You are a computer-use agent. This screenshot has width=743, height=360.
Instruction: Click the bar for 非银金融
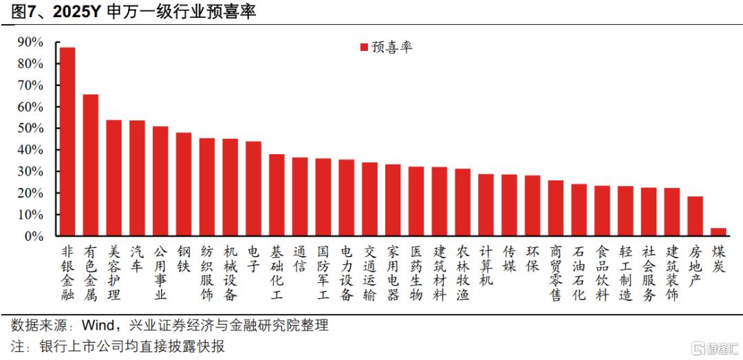[x=67, y=141]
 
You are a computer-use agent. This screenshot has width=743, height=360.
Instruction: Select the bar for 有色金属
[x=91, y=165]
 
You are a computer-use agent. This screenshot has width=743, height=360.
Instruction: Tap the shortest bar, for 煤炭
[x=718, y=232]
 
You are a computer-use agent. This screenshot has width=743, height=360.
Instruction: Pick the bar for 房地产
[x=695, y=216]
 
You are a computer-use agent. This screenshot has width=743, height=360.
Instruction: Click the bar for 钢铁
[x=184, y=184]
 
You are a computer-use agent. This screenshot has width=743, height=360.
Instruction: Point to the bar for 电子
[x=253, y=189]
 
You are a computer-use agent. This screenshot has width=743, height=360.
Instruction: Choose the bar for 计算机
[x=486, y=205]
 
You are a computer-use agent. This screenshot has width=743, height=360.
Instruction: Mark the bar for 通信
[x=300, y=196]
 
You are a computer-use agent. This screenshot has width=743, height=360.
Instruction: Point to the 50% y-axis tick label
[x=30, y=129]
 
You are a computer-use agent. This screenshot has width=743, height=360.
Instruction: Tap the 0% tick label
[x=33, y=235]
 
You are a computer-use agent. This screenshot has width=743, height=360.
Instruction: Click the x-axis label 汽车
[x=137, y=259]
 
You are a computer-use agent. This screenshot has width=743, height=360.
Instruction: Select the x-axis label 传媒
[x=509, y=259]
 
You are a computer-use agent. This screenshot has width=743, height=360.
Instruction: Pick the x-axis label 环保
[x=532, y=259]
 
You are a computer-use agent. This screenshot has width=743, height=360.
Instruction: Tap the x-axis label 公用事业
[x=160, y=273]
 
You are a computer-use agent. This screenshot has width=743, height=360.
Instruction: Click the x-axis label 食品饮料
[x=602, y=273]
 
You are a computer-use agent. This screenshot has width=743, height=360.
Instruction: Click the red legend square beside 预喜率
[x=364, y=47]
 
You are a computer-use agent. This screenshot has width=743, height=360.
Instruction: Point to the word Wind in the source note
[x=97, y=326]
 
